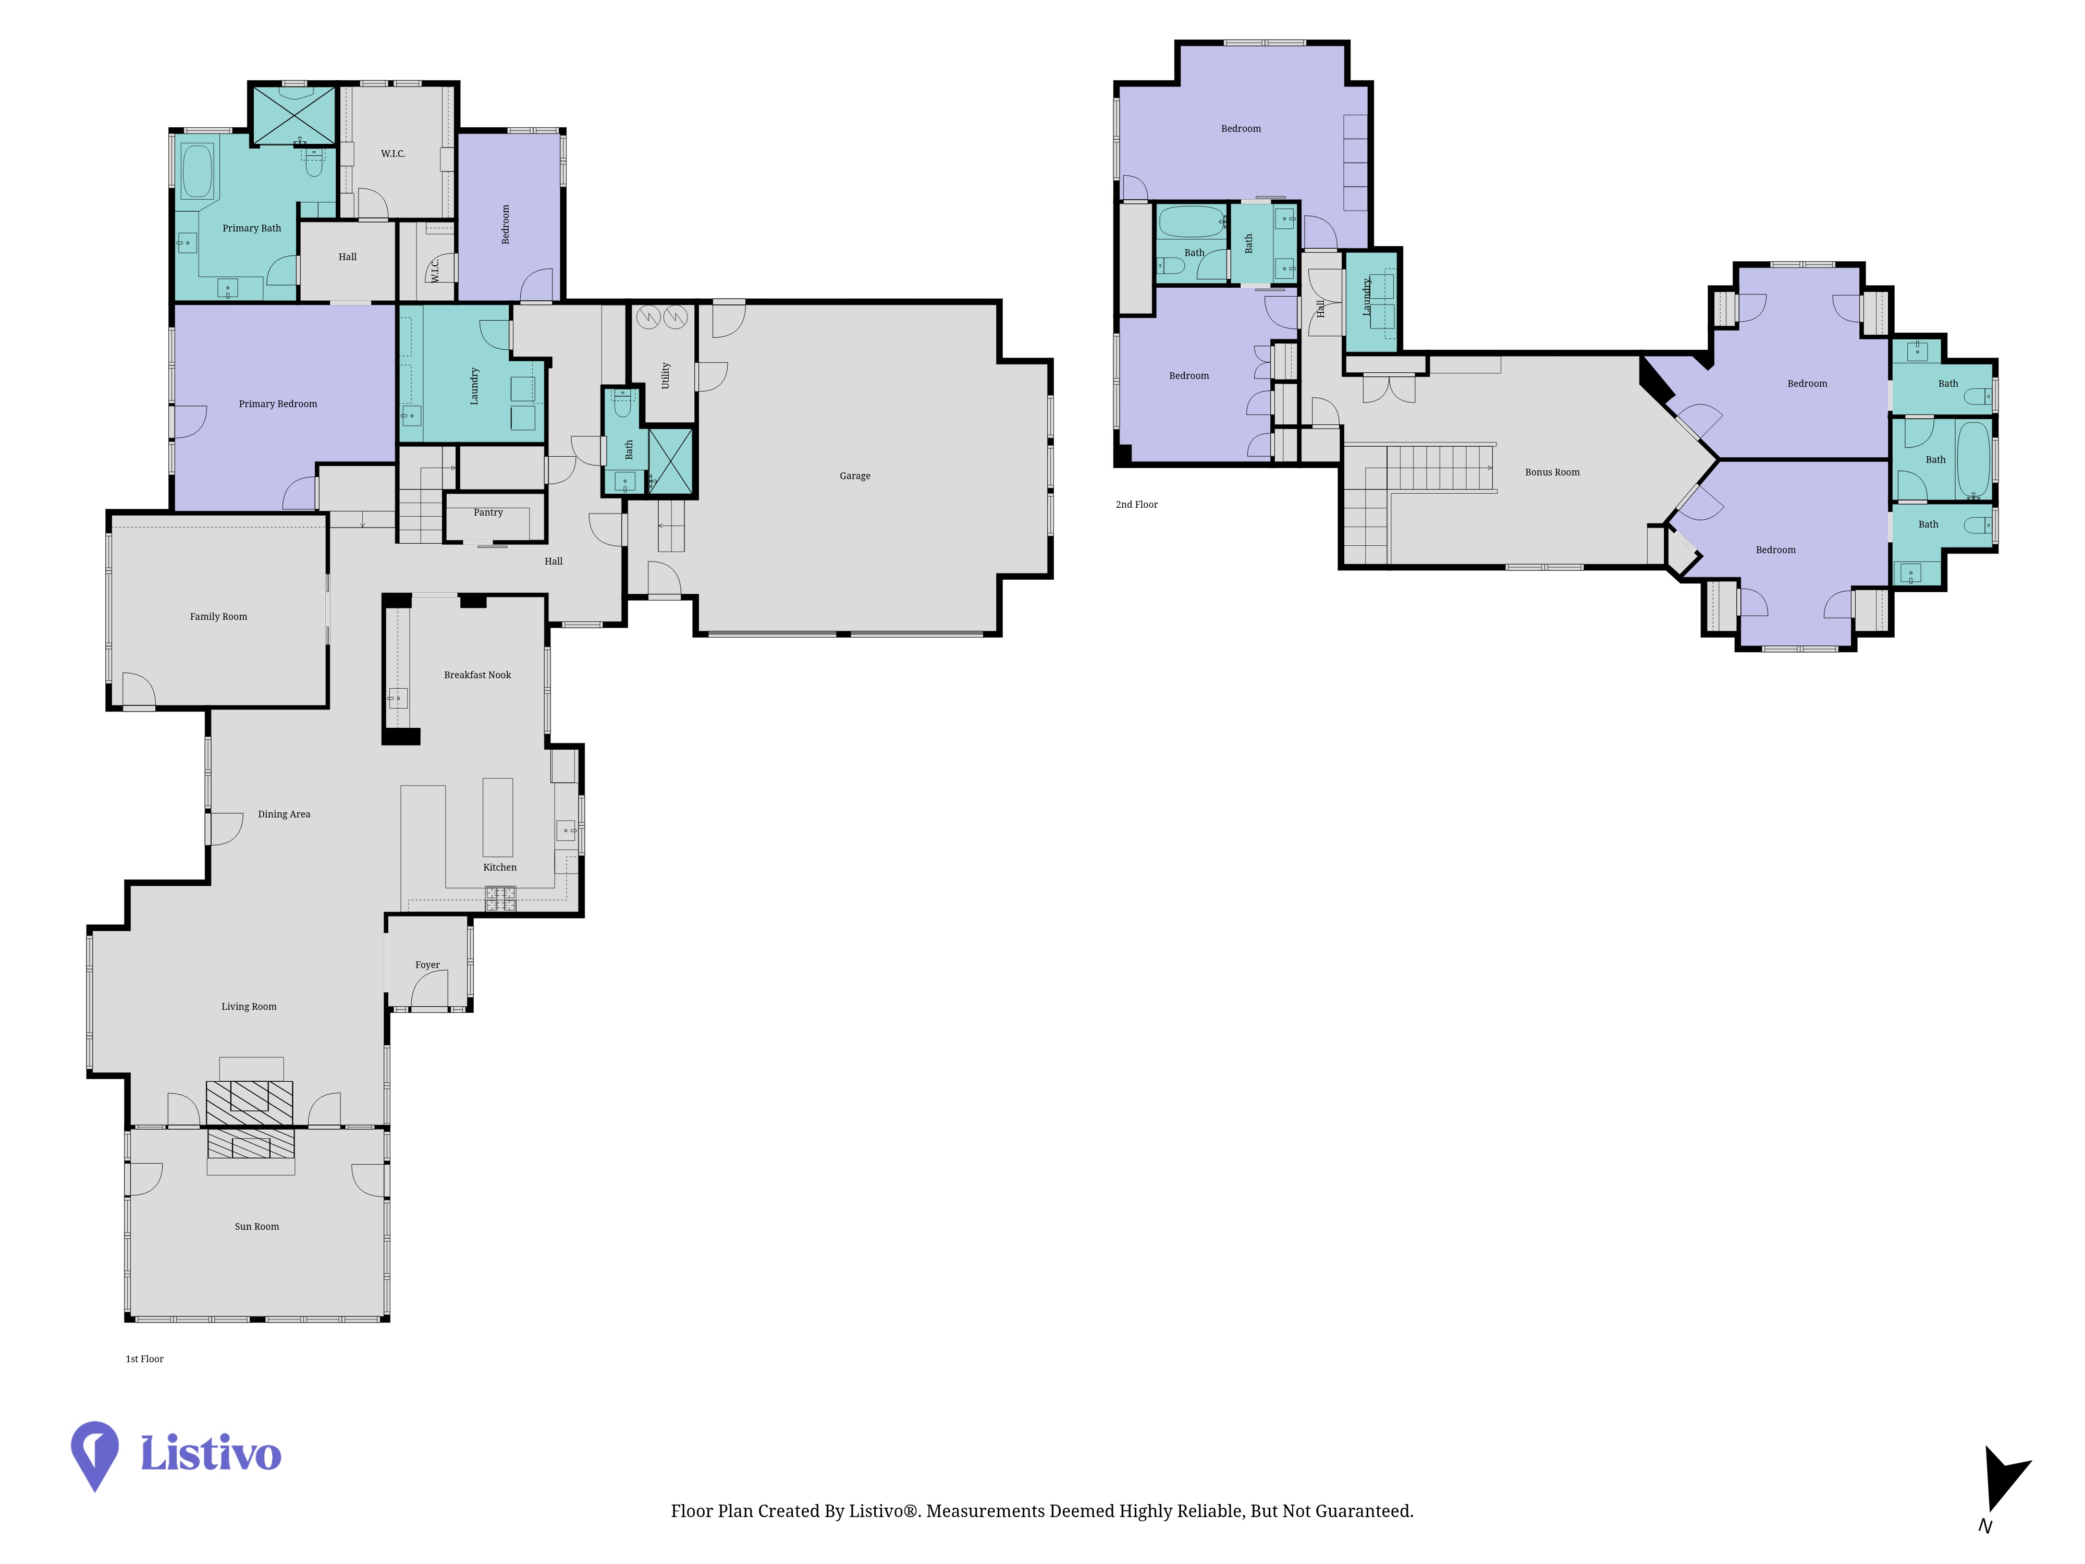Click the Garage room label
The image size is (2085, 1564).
point(855,476)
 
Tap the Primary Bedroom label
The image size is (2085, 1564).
point(278,404)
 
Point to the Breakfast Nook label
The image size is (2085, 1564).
point(478,675)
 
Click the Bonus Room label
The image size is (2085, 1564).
point(1552,472)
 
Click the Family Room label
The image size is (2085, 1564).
point(219,617)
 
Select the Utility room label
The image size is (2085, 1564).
point(666,375)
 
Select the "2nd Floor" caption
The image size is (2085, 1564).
point(1137,504)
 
